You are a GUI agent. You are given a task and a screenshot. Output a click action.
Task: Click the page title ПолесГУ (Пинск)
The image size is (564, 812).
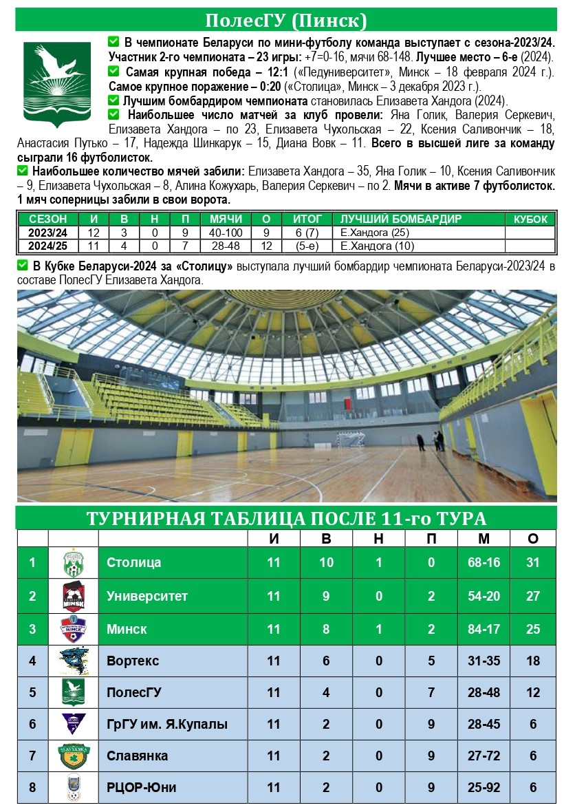click(x=285, y=20)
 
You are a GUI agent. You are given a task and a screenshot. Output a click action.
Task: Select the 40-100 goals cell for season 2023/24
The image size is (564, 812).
click(x=222, y=233)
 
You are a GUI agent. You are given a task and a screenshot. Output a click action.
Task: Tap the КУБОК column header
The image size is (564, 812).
click(x=530, y=220)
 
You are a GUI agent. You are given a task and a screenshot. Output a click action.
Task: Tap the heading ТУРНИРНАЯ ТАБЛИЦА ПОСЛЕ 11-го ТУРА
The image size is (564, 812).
click(x=285, y=518)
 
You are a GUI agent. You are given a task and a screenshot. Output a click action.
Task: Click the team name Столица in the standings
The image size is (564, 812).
click(x=134, y=562)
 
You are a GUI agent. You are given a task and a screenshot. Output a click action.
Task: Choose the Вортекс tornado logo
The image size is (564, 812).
click(x=73, y=661)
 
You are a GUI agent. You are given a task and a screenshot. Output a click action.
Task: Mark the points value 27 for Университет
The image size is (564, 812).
click(x=533, y=596)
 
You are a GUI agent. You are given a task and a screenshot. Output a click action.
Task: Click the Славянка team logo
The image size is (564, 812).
click(x=73, y=756)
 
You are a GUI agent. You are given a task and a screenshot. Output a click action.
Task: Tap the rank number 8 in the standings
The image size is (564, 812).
click(x=32, y=787)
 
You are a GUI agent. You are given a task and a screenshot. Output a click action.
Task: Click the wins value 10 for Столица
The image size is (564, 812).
click(x=326, y=562)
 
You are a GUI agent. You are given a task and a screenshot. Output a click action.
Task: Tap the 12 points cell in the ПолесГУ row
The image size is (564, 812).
click(x=533, y=692)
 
